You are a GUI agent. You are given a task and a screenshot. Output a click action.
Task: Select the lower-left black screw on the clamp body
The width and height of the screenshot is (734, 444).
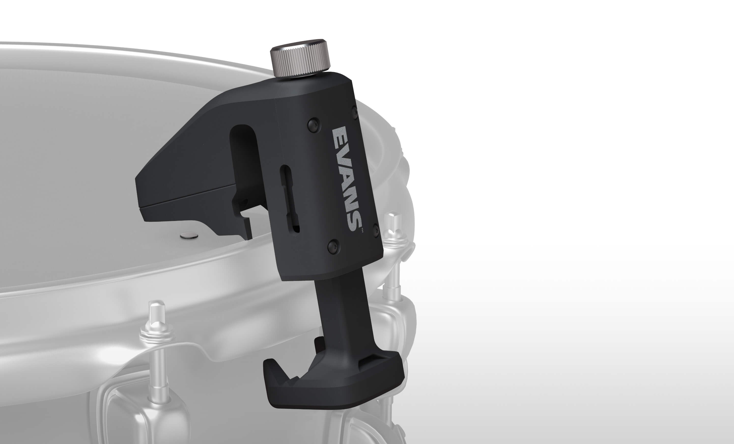pyautogui.click(x=333, y=246)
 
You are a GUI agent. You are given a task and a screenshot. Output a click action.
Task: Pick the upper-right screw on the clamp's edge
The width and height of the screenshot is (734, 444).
pyautogui.click(x=355, y=112)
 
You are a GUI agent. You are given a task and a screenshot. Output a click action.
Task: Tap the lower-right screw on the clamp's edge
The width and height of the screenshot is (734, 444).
pyautogui.click(x=376, y=231)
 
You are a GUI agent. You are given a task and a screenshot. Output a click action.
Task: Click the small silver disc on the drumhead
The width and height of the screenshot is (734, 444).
pyautogui.click(x=189, y=236)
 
